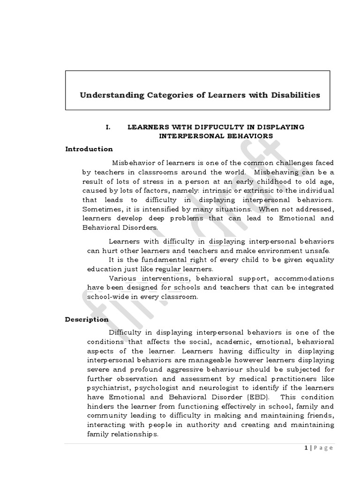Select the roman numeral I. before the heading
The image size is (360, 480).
tap(108, 127)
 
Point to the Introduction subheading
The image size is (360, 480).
tap(89, 149)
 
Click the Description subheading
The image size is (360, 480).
tap(87, 320)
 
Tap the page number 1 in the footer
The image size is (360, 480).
tap(306, 448)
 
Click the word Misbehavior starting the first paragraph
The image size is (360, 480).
tap(135, 163)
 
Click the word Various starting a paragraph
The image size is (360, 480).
tap(122, 278)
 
